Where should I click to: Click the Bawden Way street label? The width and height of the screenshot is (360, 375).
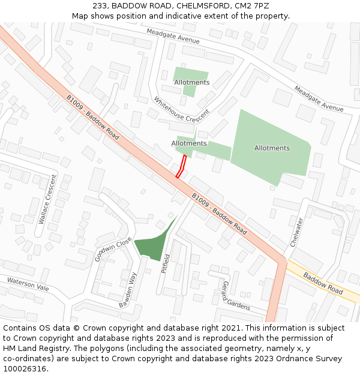point(128,290)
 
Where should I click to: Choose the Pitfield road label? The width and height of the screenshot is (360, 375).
point(166,263)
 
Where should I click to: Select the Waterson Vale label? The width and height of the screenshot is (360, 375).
point(28,284)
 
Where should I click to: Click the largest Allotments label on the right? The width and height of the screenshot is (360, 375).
point(272,148)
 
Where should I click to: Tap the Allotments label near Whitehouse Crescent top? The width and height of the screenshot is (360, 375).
point(191,82)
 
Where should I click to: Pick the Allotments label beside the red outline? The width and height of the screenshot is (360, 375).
point(189,143)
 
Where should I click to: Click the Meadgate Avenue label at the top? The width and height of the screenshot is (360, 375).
point(173,37)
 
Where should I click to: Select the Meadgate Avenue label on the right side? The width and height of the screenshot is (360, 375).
point(319,99)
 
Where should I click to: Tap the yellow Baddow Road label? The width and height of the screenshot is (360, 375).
point(323,283)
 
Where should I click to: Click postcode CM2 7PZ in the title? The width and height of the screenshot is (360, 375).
point(252,5)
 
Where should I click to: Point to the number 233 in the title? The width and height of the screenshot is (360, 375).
point(100,5)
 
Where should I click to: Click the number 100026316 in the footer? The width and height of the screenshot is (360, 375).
point(25,368)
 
